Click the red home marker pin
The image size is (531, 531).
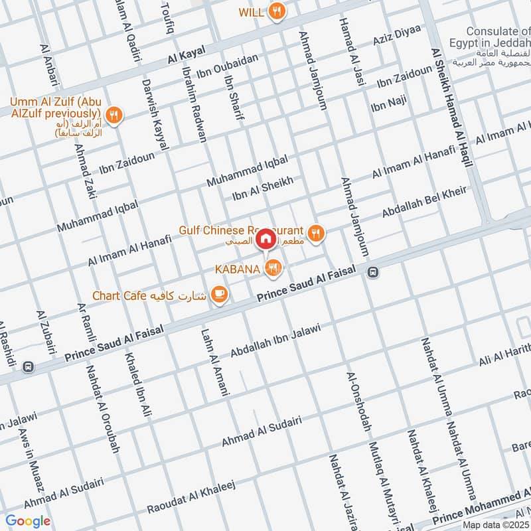(265, 238)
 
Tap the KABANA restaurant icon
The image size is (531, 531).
(273, 268)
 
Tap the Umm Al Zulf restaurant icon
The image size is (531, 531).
(115, 114)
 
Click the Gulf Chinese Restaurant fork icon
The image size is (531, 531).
(317, 232)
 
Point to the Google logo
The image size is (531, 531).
(29, 521)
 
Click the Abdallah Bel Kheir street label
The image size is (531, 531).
(424, 203)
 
